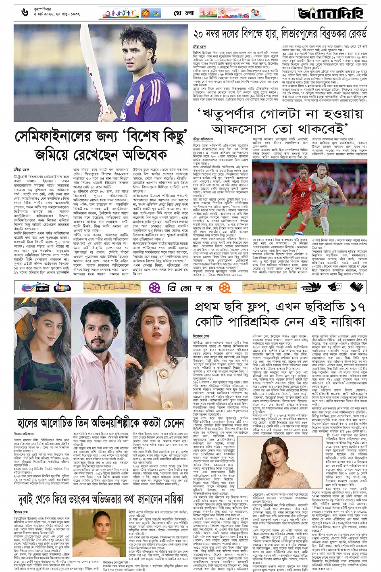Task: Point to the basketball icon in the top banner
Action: [x=146, y=13]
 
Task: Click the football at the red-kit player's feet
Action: [x=301, y=233]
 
